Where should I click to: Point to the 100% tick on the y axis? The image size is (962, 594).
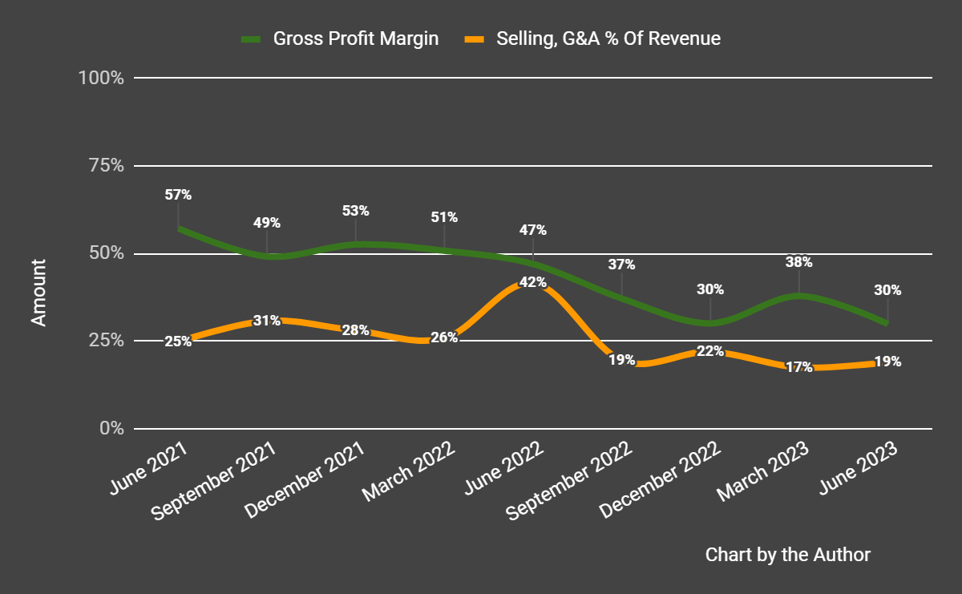pyautogui.click(x=100, y=79)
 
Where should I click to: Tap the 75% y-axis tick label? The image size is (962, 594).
pyautogui.click(x=104, y=166)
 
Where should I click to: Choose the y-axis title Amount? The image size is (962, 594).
pyautogui.click(x=38, y=293)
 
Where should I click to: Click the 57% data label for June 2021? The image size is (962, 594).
pyautogui.click(x=178, y=195)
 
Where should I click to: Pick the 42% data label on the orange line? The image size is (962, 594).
pyautogui.click(x=532, y=282)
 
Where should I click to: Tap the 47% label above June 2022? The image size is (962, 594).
pyautogui.click(x=532, y=230)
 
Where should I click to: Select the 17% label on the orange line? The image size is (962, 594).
pyautogui.click(x=798, y=368)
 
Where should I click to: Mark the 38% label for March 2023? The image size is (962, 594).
pyautogui.click(x=798, y=262)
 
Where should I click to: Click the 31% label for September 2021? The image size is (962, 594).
pyautogui.click(x=267, y=321)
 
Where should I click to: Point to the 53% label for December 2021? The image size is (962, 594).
pyautogui.click(x=355, y=211)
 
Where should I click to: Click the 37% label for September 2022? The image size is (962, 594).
pyautogui.click(x=621, y=265)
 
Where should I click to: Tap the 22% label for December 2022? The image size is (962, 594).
pyautogui.click(x=710, y=351)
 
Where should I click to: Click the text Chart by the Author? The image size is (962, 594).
pyautogui.click(x=787, y=555)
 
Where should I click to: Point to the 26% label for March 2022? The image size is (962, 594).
pyautogui.click(x=444, y=337)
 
